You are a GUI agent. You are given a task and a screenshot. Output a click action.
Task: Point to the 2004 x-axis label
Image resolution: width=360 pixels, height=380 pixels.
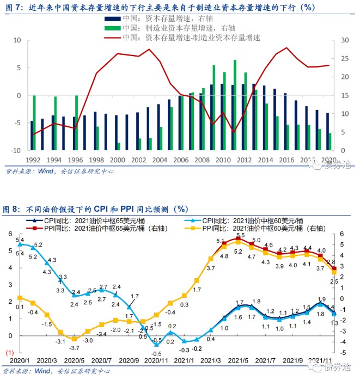pos(159,160)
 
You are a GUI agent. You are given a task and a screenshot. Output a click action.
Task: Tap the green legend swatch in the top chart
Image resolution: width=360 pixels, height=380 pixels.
pos(112,27)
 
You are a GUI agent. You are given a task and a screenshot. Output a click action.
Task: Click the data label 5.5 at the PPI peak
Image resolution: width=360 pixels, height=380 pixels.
pos(240,235)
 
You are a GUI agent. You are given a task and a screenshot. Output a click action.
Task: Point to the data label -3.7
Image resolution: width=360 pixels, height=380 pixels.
pos(74,348)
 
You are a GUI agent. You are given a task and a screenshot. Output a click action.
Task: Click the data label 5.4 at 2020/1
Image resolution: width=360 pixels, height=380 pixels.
pos(20,240)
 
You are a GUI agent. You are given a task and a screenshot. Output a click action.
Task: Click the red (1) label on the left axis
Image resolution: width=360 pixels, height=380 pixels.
pos(9,353)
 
